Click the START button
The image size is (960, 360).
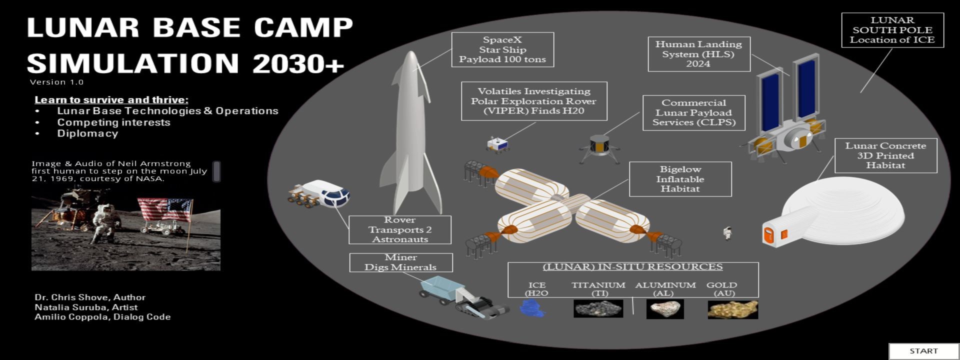click(x=923, y=351)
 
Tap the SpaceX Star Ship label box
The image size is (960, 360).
click(x=502, y=49)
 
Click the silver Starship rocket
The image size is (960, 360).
click(x=410, y=135)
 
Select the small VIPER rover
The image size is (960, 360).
click(x=497, y=144)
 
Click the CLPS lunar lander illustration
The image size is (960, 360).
click(x=599, y=148)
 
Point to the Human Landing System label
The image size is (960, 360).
click(x=698, y=54)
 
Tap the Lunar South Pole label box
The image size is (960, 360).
click(x=892, y=30)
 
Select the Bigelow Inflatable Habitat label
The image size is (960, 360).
click(x=680, y=179)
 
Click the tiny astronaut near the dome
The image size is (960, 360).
click(x=727, y=233)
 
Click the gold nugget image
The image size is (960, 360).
click(x=732, y=309)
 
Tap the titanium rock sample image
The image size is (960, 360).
click(x=598, y=309)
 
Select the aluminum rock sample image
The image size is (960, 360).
click(x=665, y=309)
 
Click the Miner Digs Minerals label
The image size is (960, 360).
click(x=400, y=262)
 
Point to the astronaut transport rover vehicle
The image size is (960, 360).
click(x=320, y=194)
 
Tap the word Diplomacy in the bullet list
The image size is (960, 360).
click(x=87, y=133)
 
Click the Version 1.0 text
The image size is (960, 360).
click(x=56, y=82)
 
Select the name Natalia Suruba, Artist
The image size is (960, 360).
click(x=86, y=307)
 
